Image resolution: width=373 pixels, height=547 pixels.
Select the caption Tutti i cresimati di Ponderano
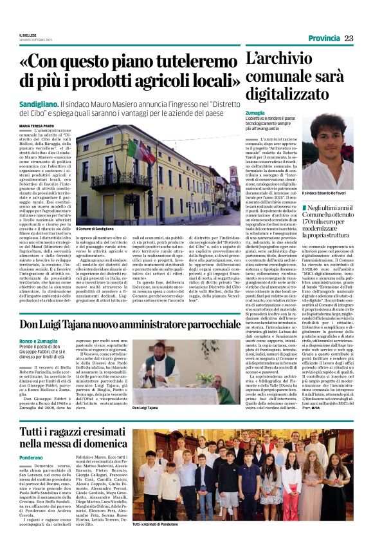[161, 524]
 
